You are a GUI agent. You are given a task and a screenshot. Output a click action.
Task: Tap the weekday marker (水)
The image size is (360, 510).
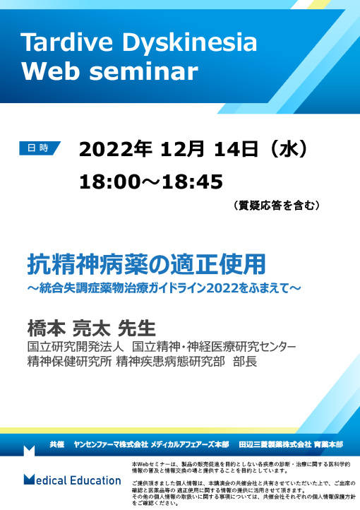[x=292, y=150]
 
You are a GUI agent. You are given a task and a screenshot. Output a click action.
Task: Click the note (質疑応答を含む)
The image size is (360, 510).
[x=277, y=206]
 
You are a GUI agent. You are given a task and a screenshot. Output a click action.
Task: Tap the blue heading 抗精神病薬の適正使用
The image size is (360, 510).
[x=146, y=263]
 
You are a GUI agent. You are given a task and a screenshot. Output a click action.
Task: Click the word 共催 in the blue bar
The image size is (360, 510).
[x=57, y=444]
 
